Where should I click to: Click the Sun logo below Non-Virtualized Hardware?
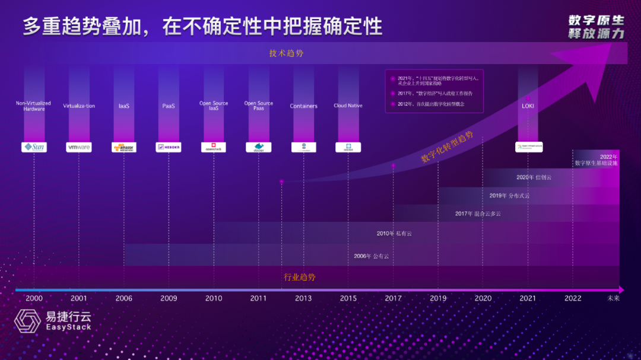point(34,147)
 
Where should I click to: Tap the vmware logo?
point(79,147)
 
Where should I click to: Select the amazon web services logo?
point(124,147)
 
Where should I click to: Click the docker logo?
point(258,147)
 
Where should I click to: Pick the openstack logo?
point(214,147)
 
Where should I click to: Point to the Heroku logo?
point(169,147)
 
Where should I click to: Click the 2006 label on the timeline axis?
point(124,298)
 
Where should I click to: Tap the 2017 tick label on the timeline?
point(393,298)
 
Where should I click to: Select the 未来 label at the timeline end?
point(613,298)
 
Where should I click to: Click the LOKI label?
point(528,106)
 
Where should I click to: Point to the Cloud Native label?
point(348,106)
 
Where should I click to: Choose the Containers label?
point(303,106)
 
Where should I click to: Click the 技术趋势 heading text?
point(286,53)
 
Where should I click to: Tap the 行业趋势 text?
point(300,277)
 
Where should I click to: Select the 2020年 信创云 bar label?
point(534,177)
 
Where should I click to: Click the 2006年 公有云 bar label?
point(372,256)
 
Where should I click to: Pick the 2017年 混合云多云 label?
point(478,214)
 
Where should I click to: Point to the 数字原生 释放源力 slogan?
point(596,27)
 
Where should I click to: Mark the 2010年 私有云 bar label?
point(394,234)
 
